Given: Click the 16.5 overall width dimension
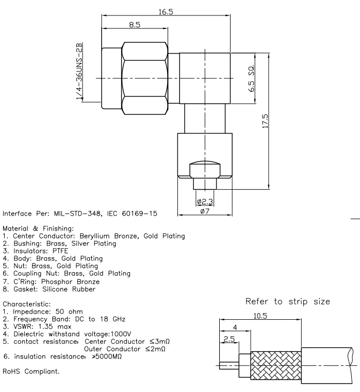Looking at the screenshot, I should pos(166,11).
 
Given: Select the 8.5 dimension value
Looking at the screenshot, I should pos(135,24).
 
